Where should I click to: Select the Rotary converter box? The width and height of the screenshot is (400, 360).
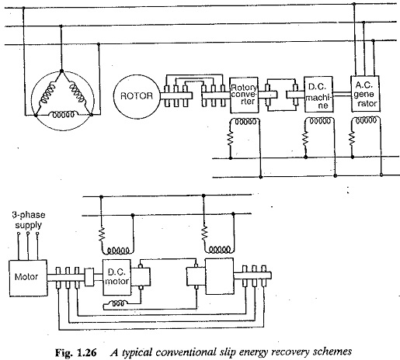(244, 95)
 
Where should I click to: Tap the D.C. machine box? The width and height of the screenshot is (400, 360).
(318, 94)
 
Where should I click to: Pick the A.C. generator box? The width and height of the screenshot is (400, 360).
(366, 94)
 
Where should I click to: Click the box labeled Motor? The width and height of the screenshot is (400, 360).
(28, 278)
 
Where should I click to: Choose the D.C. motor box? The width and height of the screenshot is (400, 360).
(117, 277)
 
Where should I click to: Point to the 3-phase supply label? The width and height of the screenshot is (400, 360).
(29, 220)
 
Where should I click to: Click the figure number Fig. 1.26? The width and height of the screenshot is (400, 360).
(76, 352)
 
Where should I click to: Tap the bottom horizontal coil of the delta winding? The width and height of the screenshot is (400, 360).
(64, 115)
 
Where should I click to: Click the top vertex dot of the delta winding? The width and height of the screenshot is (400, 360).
(61, 71)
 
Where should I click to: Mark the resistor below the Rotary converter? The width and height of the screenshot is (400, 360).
(231, 138)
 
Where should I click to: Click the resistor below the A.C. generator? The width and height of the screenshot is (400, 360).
(352, 138)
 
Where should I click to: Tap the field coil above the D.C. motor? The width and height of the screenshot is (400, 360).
(118, 251)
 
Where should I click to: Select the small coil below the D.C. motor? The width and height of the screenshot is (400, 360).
(118, 303)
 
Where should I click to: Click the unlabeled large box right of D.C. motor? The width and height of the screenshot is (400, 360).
(219, 276)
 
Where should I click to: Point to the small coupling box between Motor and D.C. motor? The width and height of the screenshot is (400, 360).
(89, 277)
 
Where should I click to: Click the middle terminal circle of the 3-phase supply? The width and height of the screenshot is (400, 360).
(28, 234)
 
